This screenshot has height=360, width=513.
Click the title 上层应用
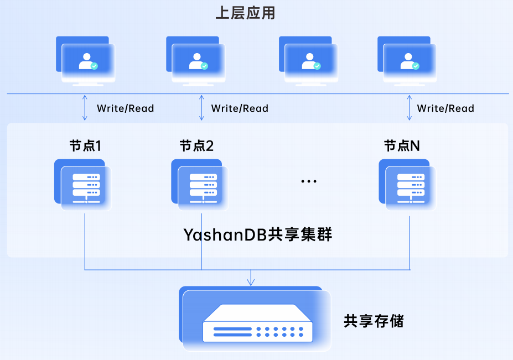(245, 13)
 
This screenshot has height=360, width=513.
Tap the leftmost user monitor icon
(86, 61)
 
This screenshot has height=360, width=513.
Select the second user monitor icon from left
(196, 61)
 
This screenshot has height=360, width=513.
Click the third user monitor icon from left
(309, 61)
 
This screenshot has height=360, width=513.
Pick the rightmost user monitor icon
(407, 61)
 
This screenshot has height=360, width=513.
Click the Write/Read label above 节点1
(125, 108)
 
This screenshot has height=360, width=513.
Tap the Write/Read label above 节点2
(240, 108)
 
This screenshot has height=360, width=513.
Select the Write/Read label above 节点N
(445, 108)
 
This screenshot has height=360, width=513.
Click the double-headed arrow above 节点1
(85, 108)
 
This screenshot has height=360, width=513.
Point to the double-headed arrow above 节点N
(410, 108)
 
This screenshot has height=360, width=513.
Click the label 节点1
(85, 145)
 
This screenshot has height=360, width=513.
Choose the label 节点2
(196, 145)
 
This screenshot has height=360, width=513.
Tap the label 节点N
(402, 145)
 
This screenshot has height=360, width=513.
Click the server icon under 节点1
(83, 185)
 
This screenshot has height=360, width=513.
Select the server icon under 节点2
(200, 185)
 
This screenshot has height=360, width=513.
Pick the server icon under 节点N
(407, 185)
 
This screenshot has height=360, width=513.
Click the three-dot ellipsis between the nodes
(309, 181)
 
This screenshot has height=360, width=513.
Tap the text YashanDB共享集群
(258, 234)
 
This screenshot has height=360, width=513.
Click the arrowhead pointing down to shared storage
(251, 282)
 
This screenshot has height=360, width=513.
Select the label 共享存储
(374, 321)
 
